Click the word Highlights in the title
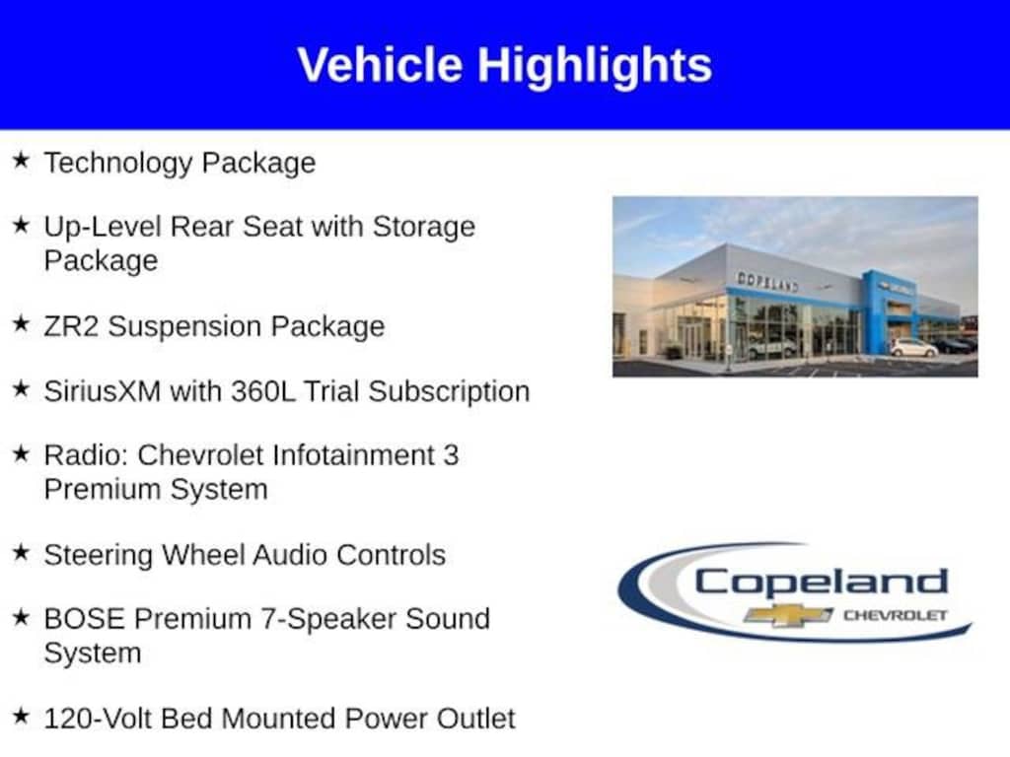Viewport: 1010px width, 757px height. point(595,67)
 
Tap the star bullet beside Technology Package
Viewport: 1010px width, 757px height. point(22,161)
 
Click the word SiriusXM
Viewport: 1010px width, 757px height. point(102,391)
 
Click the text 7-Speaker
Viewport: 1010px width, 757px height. point(327,620)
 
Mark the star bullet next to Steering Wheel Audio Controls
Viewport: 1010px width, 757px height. point(22,552)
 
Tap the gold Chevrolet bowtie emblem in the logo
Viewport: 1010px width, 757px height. point(788,615)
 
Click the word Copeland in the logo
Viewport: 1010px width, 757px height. point(822,584)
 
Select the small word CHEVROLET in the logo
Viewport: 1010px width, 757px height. point(896,615)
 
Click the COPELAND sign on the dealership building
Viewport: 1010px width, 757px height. point(767,281)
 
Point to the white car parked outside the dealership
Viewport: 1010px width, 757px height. point(914,348)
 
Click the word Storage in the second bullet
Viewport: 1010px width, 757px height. point(424,228)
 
